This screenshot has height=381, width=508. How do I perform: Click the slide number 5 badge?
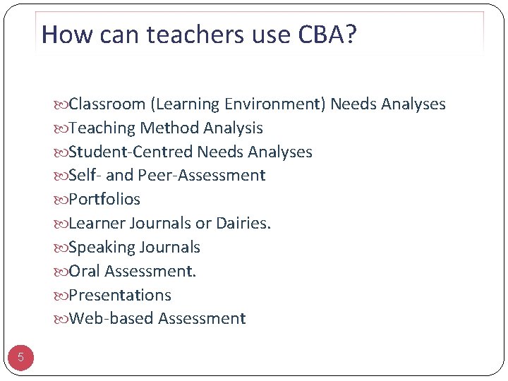click(x=20, y=358)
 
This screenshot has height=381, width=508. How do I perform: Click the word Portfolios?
click(x=104, y=200)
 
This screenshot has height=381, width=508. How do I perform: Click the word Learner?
click(x=97, y=224)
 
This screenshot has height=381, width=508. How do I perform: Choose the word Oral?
click(x=84, y=271)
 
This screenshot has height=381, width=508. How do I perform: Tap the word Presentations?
click(x=119, y=295)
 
